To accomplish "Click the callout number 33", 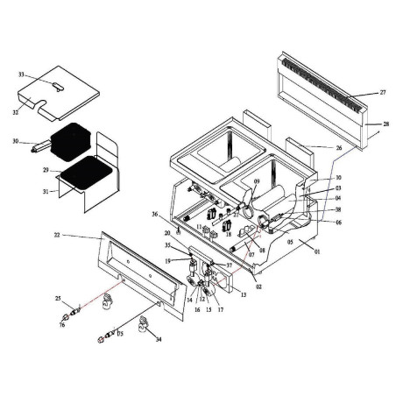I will coord(22,75).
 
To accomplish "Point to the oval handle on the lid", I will coord(57,85).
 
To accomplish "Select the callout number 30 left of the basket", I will coord(16,140).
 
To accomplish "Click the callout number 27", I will coord(382,92).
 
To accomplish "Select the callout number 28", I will coord(386,125).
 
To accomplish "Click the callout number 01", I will coord(318,252).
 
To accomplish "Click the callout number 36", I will coord(155,215).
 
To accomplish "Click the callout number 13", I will coord(243,294).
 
